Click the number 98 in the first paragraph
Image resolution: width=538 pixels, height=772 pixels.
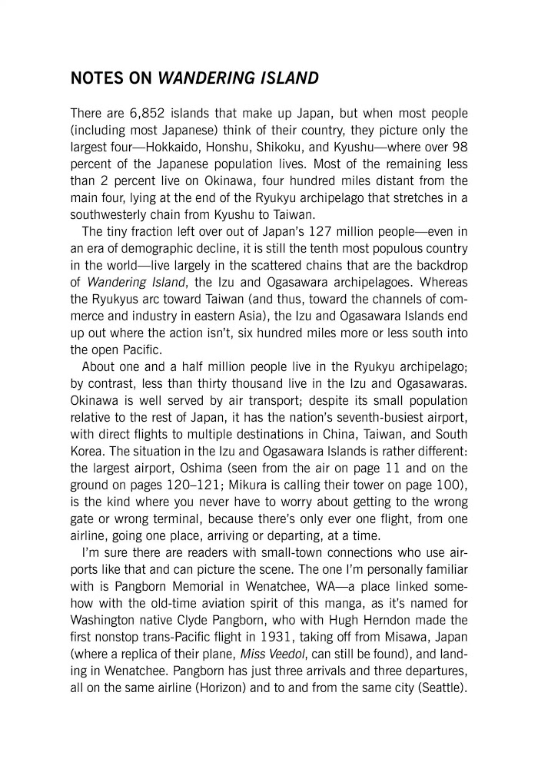coord(457,145)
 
